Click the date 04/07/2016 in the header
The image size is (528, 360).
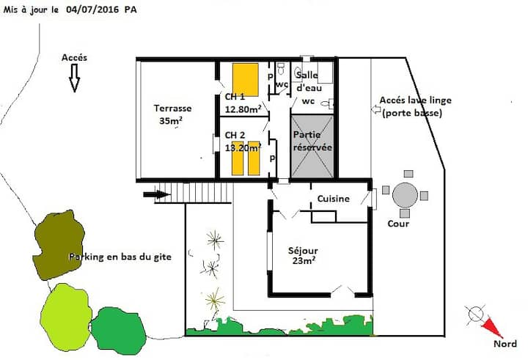click(x=92, y=10)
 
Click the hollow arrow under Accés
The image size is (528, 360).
click(x=74, y=78)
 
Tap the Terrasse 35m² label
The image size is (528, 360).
click(x=172, y=114)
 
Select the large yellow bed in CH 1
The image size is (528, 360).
click(x=246, y=79)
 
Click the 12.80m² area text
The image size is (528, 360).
click(x=243, y=109)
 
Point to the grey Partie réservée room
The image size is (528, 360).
click(x=312, y=147)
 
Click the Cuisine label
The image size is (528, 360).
click(x=334, y=199)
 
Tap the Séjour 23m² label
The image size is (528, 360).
click(x=303, y=255)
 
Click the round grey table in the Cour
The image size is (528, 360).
click(x=405, y=195)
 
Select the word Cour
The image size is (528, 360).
click(x=398, y=224)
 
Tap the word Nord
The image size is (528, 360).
click(x=505, y=344)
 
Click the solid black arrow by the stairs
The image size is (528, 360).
click(x=157, y=194)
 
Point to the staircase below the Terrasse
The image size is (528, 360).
click(x=194, y=193)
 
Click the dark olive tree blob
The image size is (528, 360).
click(x=59, y=245)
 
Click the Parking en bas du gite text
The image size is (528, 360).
click(x=120, y=257)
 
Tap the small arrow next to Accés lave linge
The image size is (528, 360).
click(x=375, y=109)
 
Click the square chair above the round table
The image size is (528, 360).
click(x=408, y=174)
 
